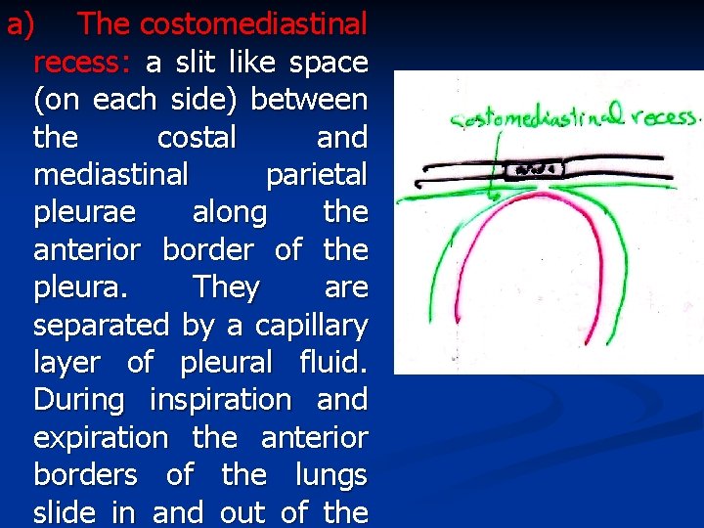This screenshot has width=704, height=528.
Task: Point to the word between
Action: tap(310, 100)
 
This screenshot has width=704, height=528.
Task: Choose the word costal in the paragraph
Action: tap(197, 138)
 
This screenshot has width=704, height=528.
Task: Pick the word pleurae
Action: tap(83, 213)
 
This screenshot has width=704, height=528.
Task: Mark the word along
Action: tap(230, 213)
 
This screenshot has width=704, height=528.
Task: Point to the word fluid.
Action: tap(334, 363)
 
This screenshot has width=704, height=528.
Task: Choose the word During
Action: tap(79, 401)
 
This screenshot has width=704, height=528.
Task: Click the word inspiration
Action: tap(220, 401)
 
